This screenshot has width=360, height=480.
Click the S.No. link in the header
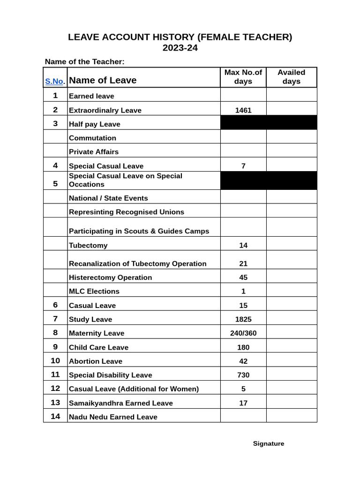(x=54, y=81)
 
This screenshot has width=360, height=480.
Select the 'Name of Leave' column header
(x=103, y=80)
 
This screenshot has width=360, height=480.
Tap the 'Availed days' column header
(x=291, y=77)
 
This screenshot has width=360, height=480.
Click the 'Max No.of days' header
(x=243, y=77)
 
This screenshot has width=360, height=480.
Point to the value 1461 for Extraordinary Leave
(x=243, y=111)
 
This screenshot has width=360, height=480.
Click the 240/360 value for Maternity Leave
(x=243, y=333)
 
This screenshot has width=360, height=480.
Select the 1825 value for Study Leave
(x=243, y=319)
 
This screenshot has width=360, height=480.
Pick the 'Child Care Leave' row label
(x=98, y=347)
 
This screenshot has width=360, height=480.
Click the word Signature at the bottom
(x=269, y=443)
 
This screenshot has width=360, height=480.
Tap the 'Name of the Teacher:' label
(x=84, y=62)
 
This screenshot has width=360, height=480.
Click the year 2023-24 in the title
(x=180, y=48)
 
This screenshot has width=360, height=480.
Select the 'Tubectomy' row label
(x=88, y=245)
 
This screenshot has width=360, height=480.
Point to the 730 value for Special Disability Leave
(x=243, y=375)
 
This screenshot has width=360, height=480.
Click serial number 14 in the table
(x=55, y=416)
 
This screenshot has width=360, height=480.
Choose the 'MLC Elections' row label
(x=94, y=291)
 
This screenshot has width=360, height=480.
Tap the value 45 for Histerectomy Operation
(x=243, y=277)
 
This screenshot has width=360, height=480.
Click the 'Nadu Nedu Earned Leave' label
(x=113, y=417)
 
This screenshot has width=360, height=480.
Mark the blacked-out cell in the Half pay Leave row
(x=268, y=123)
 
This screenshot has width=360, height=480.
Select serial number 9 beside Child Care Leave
(x=55, y=347)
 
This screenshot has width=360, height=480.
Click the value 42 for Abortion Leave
(x=243, y=361)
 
